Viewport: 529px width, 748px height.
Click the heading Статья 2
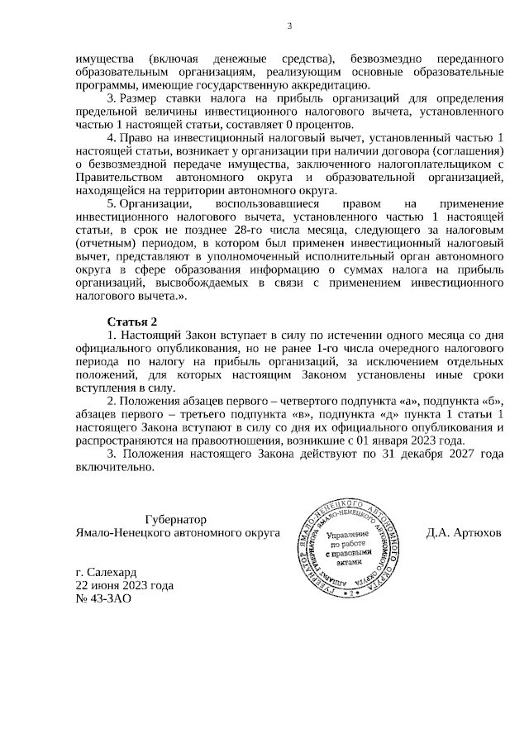(x=131, y=321)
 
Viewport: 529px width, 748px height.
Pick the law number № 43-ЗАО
(x=102, y=600)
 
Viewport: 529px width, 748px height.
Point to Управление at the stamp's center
(x=350, y=536)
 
